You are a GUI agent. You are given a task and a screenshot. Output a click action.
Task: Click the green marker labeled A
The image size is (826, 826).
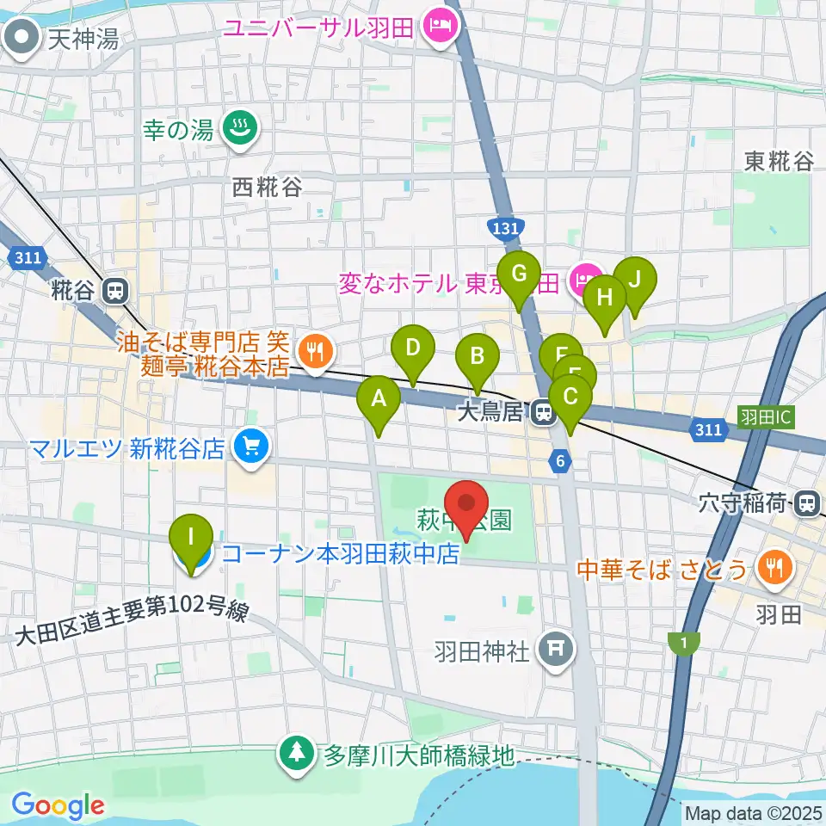[x=378, y=398]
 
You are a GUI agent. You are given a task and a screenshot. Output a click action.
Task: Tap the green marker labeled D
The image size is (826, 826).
[x=413, y=348]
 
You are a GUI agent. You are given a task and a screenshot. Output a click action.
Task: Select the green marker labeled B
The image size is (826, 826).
[x=478, y=355]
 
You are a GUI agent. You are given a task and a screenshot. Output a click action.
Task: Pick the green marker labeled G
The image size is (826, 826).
[x=519, y=274]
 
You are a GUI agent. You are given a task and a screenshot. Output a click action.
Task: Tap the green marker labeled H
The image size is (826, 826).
[x=605, y=298]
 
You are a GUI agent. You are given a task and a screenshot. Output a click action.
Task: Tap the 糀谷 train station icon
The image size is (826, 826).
[x=114, y=291]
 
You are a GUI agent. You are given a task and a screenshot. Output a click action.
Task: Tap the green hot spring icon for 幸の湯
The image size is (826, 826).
[x=235, y=129]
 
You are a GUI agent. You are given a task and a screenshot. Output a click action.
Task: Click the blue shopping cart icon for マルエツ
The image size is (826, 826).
[x=251, y=446]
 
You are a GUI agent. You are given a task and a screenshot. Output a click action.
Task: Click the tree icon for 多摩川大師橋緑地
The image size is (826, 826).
[x=297, y=755]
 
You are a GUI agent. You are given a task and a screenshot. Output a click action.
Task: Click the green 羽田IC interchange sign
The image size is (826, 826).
[x=767, y=417]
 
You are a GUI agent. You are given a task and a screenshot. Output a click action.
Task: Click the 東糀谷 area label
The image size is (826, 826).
[x=779, y=161]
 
